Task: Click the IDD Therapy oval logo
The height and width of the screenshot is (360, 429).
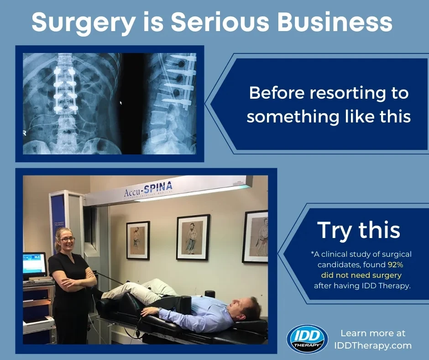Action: [x=307, y=338]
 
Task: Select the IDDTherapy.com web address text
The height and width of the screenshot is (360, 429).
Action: [x=373, y=345]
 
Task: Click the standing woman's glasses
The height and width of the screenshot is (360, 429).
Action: [x=68, y=239]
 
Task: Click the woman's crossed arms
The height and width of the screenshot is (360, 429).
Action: [x=73, y=279]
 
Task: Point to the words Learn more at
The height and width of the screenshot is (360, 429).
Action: [x=373, y=333]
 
